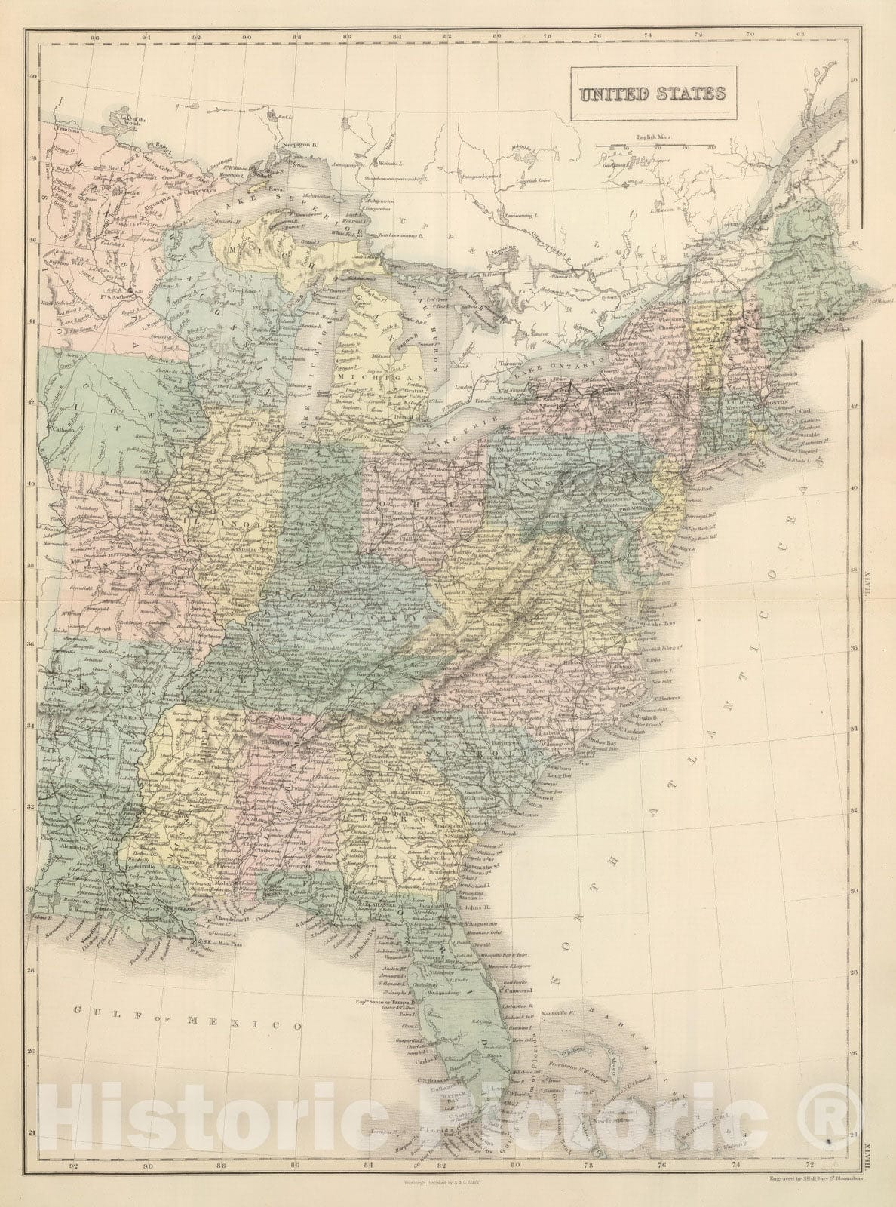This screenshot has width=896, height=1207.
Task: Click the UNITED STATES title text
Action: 652,94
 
